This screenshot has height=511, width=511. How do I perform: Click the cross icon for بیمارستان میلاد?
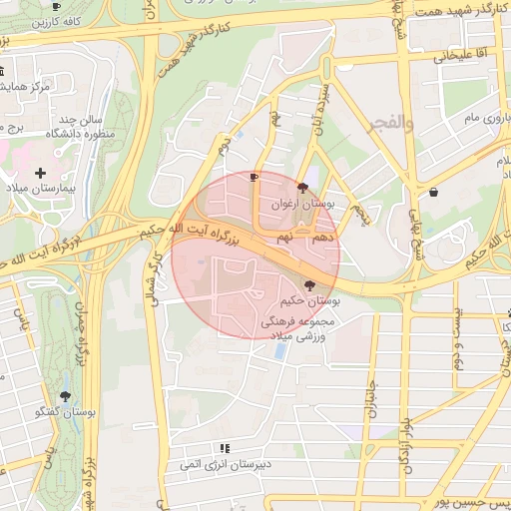pos(40,173)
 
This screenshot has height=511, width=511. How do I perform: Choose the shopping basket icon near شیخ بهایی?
pos(433,192)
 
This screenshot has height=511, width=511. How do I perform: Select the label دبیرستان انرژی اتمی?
pos(224,465)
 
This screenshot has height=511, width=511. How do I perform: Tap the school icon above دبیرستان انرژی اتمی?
pos(225,449)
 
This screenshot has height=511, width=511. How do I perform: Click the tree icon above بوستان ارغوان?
pos(302,186)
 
